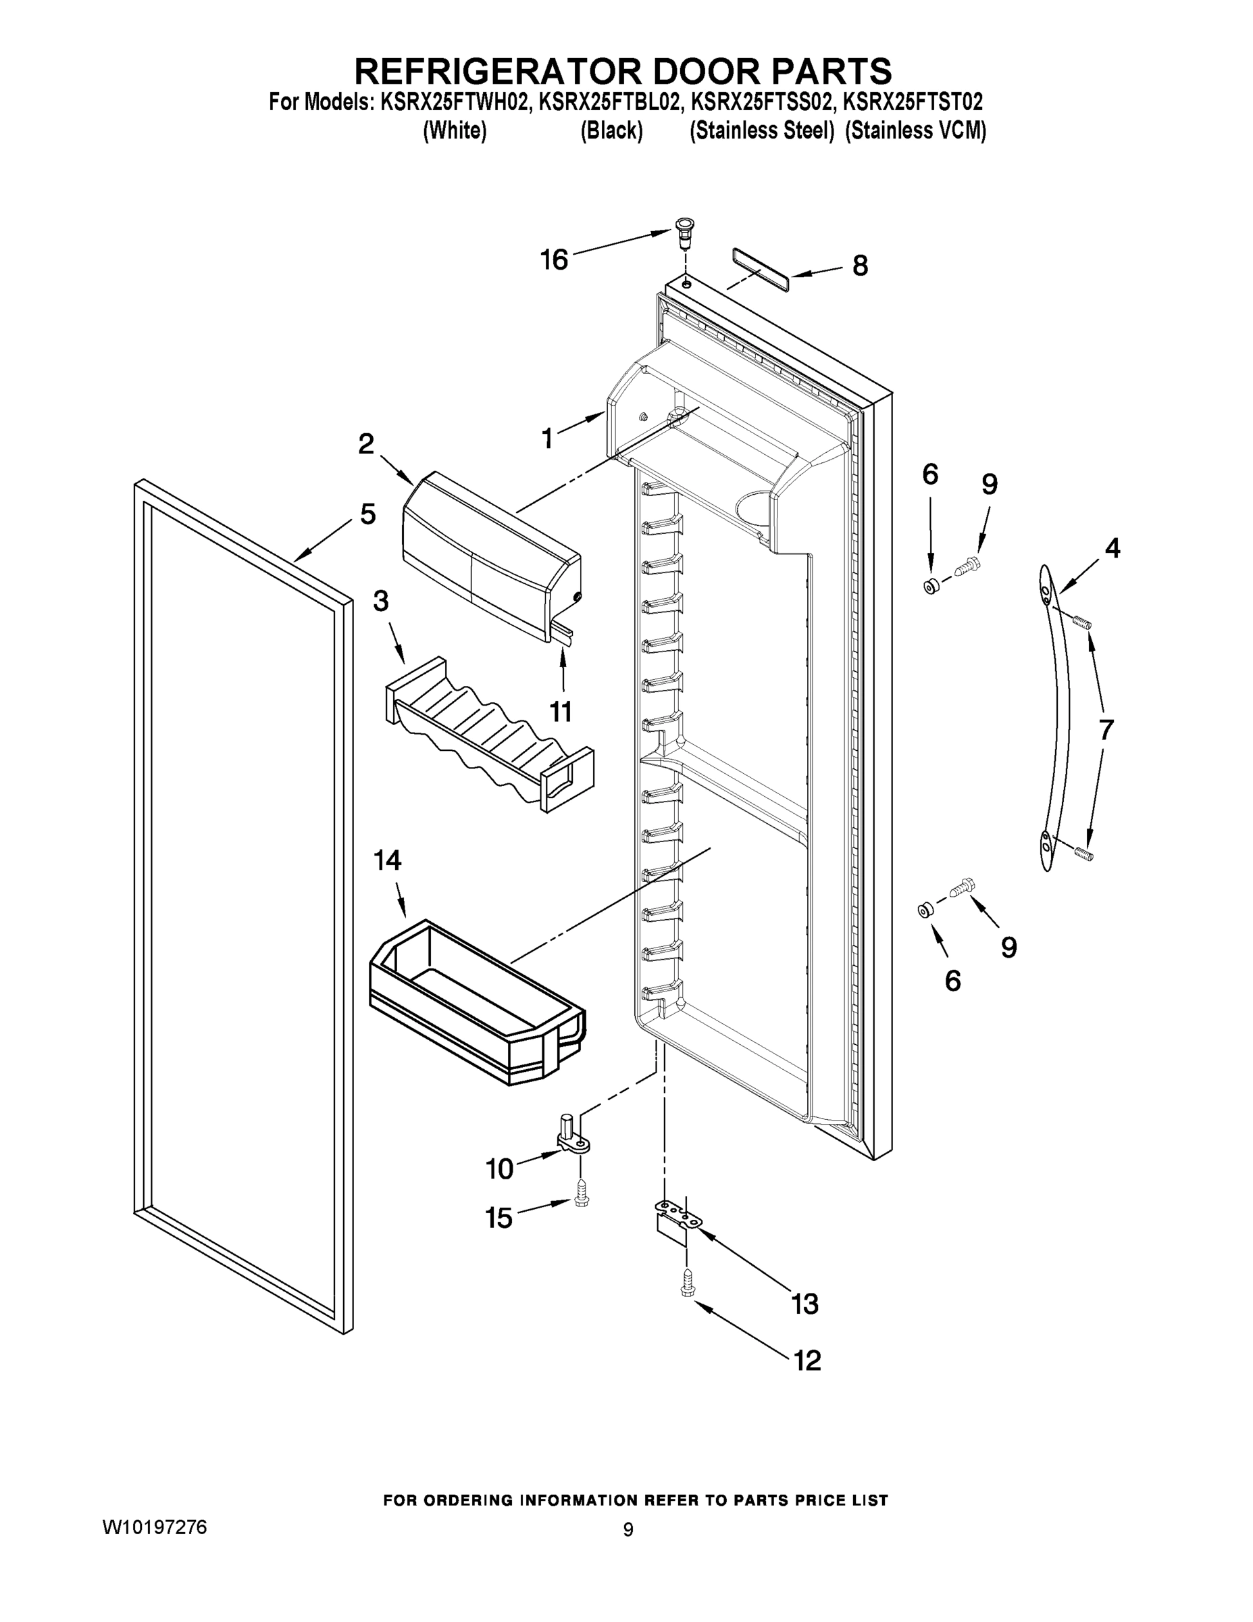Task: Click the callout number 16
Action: pyautogui.click(x=554, y=260)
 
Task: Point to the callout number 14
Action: pyautogui.click(x=387, y=860)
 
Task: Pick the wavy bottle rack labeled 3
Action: pyautogui.click(x=490, y=735)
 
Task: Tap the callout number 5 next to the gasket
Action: pyautogui.click(x=367, y=514)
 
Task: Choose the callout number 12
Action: pyautogui.click(x=808, y=1360)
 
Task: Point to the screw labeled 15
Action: pyautogui.click(x=581, y=1196)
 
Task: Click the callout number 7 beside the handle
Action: pyautogui.click(x=1105, y=731)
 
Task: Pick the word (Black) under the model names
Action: pyautogui.click(x=611, y=130)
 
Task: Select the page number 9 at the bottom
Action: pyautogui.click(x=628, y=1530)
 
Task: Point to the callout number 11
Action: pyautogui.click(x=561, y=712)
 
